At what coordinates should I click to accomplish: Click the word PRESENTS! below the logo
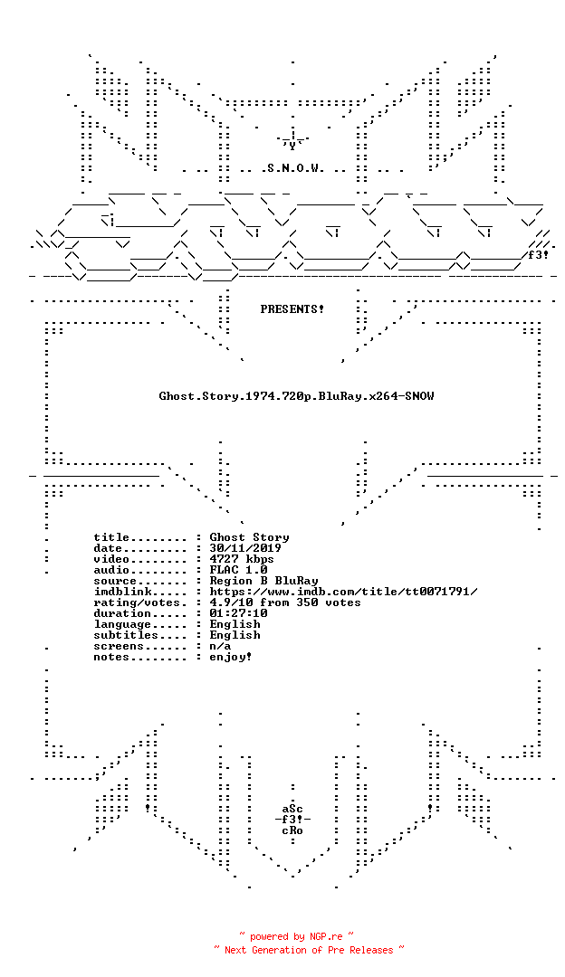click(292, 309)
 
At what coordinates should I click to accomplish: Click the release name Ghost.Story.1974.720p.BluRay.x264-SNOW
click(296, 395)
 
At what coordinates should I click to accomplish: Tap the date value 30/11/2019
click(245, 548)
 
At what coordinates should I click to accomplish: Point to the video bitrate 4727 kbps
click(242, 559)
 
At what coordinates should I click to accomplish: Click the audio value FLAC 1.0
click(238, 570)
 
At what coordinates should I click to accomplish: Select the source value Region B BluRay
click(263, 581)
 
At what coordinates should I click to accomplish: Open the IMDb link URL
click(343, 592)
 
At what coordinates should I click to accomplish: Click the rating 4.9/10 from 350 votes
click(285, 602)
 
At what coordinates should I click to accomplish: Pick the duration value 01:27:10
click(238, 613)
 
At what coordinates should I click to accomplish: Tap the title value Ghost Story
click(249, 537)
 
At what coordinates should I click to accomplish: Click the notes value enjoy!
click(231, 657)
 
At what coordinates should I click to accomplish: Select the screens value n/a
click(220, 646)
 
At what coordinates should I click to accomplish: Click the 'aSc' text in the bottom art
click(292, 809)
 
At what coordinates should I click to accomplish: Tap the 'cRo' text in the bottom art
click(292, 830)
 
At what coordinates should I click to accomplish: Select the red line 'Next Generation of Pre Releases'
click(309, 950)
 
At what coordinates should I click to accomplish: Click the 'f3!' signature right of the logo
click(538, 255)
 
